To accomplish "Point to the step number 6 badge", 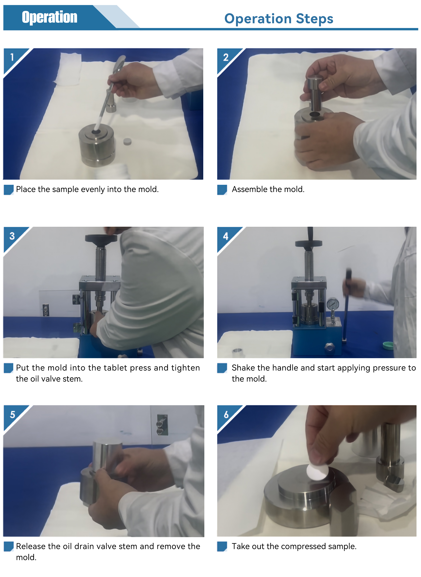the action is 226,414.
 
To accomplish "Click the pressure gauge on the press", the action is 333,304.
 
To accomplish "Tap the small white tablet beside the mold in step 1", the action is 127,142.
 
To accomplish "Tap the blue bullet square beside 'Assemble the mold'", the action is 222,190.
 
